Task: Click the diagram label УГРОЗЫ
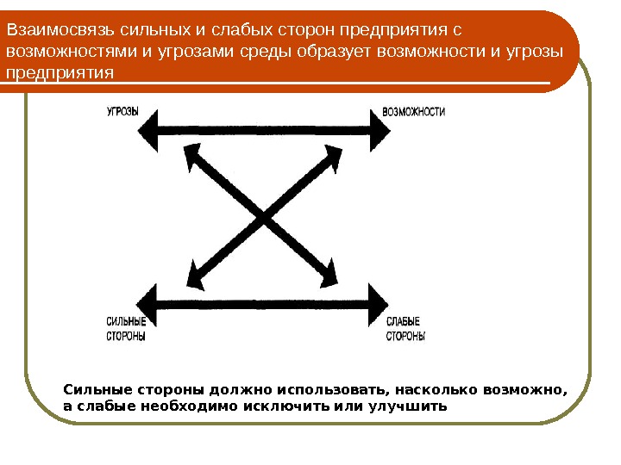pos(122,112)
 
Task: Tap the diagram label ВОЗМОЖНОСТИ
pos(414,112)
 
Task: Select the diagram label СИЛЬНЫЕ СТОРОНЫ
pos(126,329)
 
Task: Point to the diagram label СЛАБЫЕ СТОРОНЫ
pos(405,329)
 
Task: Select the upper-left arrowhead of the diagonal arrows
pos(193,154)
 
